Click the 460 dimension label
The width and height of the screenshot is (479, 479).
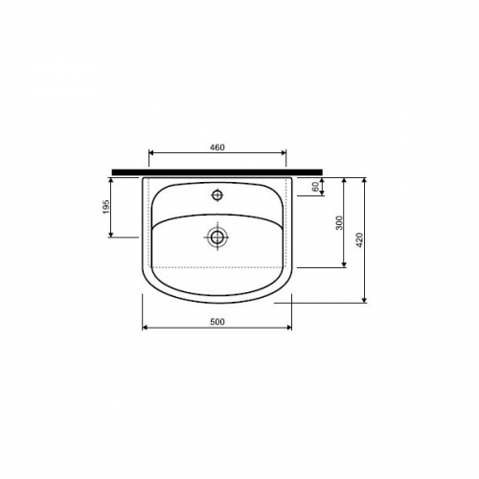217,148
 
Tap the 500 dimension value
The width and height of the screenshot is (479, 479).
217,322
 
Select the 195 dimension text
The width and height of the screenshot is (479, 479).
106,207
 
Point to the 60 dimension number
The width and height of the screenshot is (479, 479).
315,187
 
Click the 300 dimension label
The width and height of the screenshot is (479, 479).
339,222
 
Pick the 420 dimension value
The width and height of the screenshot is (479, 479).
359,240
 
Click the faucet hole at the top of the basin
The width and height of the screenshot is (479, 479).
217,194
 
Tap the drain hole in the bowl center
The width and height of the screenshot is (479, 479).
217,237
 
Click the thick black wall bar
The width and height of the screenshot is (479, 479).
217,172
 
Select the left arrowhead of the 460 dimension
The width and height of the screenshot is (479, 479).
152,152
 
